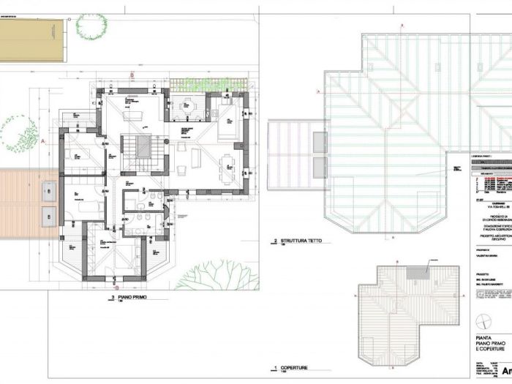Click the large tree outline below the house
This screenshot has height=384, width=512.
click(207, 276)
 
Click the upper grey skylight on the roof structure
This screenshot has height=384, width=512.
click(320, 142)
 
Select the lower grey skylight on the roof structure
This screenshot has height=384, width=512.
click(320, 166)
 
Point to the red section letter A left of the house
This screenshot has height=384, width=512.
click(43, 139)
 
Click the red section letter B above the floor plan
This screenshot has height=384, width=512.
click(131, 75)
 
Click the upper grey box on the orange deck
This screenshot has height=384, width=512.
click(48, 192)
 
